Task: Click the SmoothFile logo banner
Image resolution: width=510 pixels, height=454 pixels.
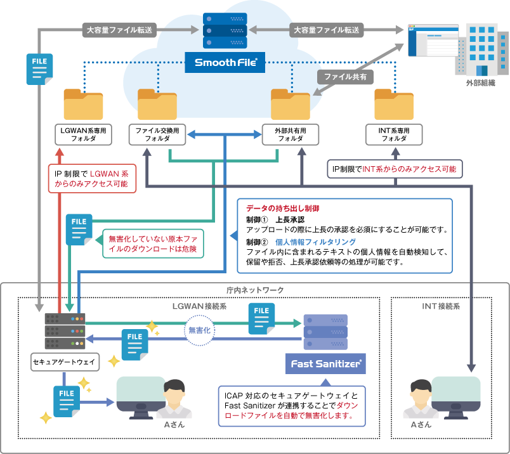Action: (x=225, y=63)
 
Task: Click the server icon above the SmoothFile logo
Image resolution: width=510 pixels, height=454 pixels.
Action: (x=225, y=30)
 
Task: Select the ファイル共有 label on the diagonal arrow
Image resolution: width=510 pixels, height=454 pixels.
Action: (x=345, y=76)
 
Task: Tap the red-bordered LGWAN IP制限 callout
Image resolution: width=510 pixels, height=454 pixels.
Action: (x=91, y=179)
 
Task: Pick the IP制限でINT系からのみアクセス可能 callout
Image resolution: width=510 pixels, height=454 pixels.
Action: (x=396, y=169)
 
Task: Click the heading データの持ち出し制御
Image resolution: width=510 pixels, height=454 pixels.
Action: (x=282, y=208)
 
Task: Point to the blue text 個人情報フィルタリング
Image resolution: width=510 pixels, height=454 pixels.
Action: (x=315, y=242)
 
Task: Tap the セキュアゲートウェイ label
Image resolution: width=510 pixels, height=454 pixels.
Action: (x=64, y=362)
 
